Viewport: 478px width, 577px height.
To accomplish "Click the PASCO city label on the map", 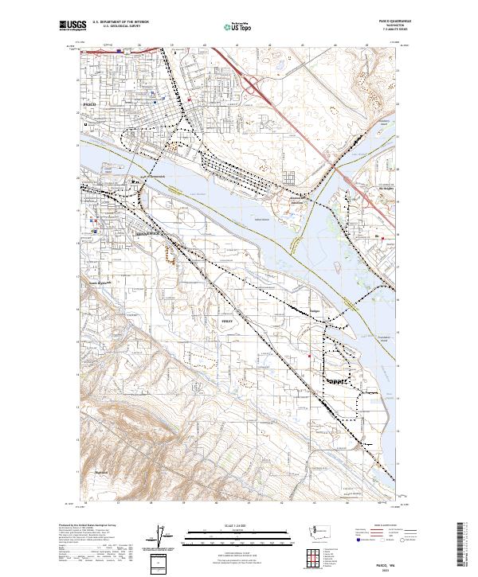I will (89, 104).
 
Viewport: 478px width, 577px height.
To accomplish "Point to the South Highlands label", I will (98, 282).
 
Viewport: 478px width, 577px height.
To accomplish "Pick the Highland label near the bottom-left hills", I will (100, 471).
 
